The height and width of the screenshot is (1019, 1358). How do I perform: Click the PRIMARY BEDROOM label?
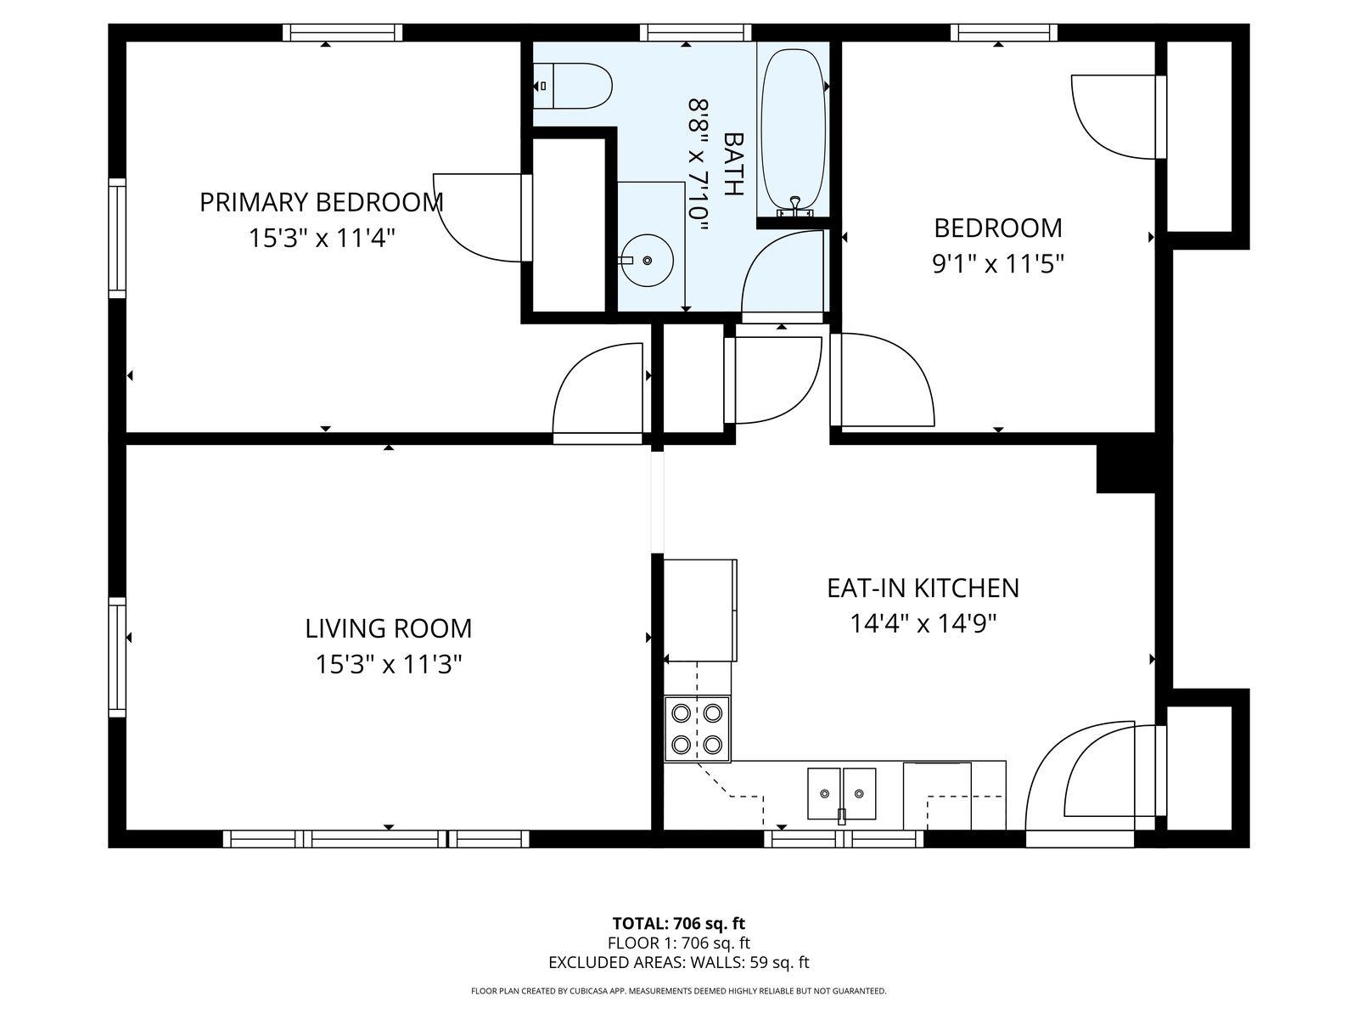tap(321, 202)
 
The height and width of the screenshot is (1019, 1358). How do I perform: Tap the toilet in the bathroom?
tap(572, 86)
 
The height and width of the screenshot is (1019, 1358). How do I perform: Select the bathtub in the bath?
tap(793, 133)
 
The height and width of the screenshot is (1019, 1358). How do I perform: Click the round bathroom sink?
tap(647, 261)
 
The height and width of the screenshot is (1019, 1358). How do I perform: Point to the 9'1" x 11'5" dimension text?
tap(997, 264)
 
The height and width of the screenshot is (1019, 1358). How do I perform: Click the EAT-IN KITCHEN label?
tap(923, 588)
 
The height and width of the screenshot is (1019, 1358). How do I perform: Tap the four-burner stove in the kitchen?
tap(698, 729)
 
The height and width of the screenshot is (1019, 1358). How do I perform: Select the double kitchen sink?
tap(841, 793)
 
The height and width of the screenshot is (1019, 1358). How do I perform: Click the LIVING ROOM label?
tap(389, 628)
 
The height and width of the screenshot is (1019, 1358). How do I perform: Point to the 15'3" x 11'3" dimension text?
tap(389, 665)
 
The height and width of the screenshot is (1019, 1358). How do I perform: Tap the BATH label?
tap(733, 164)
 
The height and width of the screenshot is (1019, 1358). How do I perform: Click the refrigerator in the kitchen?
tap(699, 610)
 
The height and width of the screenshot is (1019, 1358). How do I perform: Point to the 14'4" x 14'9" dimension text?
tap(923, 623)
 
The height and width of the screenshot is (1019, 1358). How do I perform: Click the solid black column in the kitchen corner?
tap(1125, 469)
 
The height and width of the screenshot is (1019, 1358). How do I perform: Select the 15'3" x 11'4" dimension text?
tap(321, 238)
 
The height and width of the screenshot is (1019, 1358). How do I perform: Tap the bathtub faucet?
tap(795, 207)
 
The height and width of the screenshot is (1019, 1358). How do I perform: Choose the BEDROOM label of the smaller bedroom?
tap(997, 228)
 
